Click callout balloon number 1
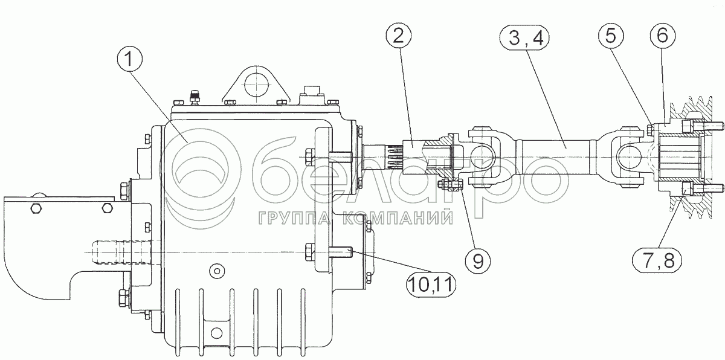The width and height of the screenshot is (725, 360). (x=129, y=60)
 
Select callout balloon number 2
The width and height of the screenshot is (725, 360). (x=398, y=36)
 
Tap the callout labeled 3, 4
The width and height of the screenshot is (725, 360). (x=525, y=39)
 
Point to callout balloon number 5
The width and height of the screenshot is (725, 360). (x=610, y=35)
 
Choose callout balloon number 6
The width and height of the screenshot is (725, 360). (x=663, y=35)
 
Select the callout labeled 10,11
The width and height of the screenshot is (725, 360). (x=431, y=285)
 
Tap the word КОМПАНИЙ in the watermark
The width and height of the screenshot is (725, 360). (x=398, y=218)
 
